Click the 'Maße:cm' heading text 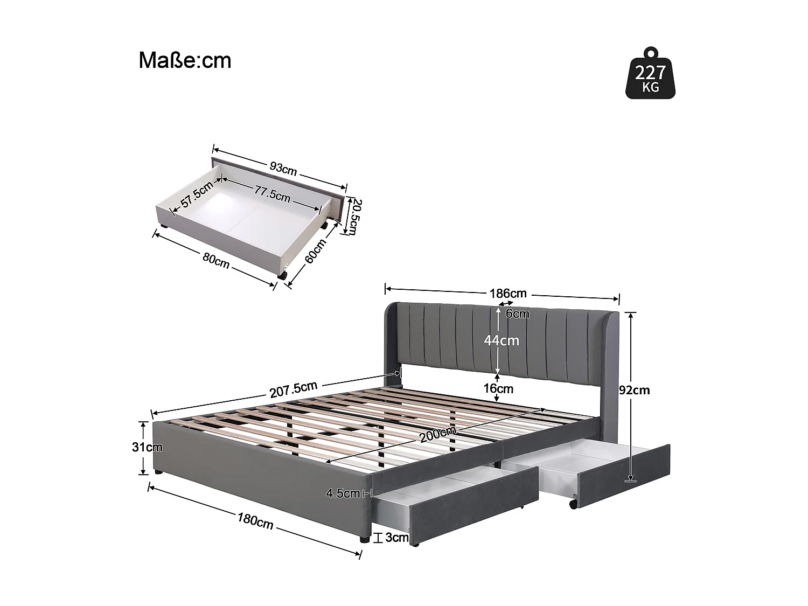click(x=185, y=60)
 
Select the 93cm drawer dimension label click(x=282, y=170)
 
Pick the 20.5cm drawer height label click(x=353, y=217)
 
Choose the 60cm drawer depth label click(x=316, y=252)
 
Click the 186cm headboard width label click(x=507, y=294)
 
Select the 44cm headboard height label click(x=501, y=340)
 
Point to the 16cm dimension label click(x=498, y=388)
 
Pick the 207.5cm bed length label click(x=294, y=389)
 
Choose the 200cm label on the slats click(x=437, y=434)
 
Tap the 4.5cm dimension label click(x=343, y=493)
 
